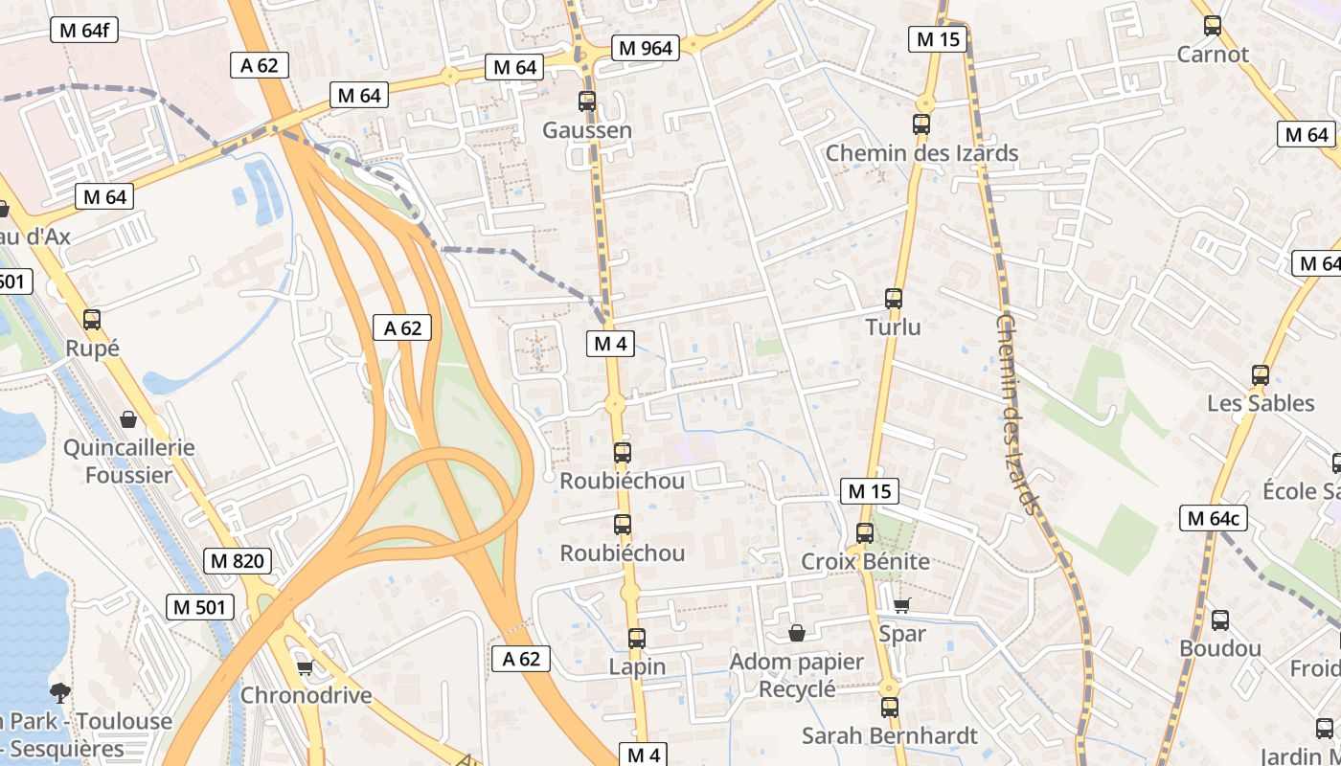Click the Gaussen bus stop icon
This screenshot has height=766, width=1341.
coord(587,101)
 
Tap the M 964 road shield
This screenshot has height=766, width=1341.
coord(646,48)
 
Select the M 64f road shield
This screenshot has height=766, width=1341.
coord(83,30)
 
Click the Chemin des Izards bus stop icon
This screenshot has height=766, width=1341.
coord(921,124)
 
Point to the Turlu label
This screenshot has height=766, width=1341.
coord(893,327)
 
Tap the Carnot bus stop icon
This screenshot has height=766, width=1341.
coord(1213,26)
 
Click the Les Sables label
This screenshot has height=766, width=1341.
coord(1261,403)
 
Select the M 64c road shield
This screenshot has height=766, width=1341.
coord(1214,519)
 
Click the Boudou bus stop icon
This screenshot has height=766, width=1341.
coord(1220,620)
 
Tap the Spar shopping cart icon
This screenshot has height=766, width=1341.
coord(901,605)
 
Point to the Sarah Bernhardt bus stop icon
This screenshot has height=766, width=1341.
coord(890,708)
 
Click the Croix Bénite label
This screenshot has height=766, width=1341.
coord(865,561)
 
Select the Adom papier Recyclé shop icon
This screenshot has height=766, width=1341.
coord(796,633)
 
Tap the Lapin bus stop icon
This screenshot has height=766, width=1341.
coord(637,638)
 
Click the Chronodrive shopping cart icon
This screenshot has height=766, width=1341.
coord(305,667)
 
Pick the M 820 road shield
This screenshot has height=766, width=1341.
coord(237,561)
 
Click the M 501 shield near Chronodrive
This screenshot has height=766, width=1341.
coord(200,606)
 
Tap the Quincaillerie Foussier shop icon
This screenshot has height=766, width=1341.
coord(128,419)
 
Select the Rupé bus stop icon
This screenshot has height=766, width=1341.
coord(92,320)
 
